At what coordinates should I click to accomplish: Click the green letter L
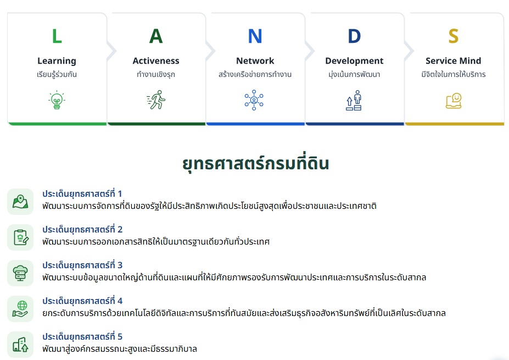(57, 36)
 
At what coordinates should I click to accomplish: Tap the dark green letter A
(156, 36)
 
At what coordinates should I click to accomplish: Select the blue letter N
(255, 36)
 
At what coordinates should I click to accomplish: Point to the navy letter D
(354, 36)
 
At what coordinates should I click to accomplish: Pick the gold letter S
(454, 36)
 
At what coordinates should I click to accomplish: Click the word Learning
(57, 61)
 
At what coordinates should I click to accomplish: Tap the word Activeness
(156, 61)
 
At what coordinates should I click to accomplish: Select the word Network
(255, 61)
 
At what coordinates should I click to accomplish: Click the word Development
(354, 61)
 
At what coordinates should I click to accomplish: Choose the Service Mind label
(454, 61)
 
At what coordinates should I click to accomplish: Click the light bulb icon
(57, 100)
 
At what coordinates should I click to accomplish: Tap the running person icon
(156, 99)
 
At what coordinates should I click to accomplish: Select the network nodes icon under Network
(254, 100)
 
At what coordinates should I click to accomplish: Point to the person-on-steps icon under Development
(354, 101)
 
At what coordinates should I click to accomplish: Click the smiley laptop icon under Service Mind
(454, 101)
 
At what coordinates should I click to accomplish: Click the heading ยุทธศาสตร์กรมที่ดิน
(255, 163)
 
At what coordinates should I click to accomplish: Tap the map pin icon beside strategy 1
(20, 202)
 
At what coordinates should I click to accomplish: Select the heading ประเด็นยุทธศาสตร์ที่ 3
(82, 265)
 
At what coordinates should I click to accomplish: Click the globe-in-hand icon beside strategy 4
(20, 309)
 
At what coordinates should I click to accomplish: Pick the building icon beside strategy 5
(20, 345)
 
